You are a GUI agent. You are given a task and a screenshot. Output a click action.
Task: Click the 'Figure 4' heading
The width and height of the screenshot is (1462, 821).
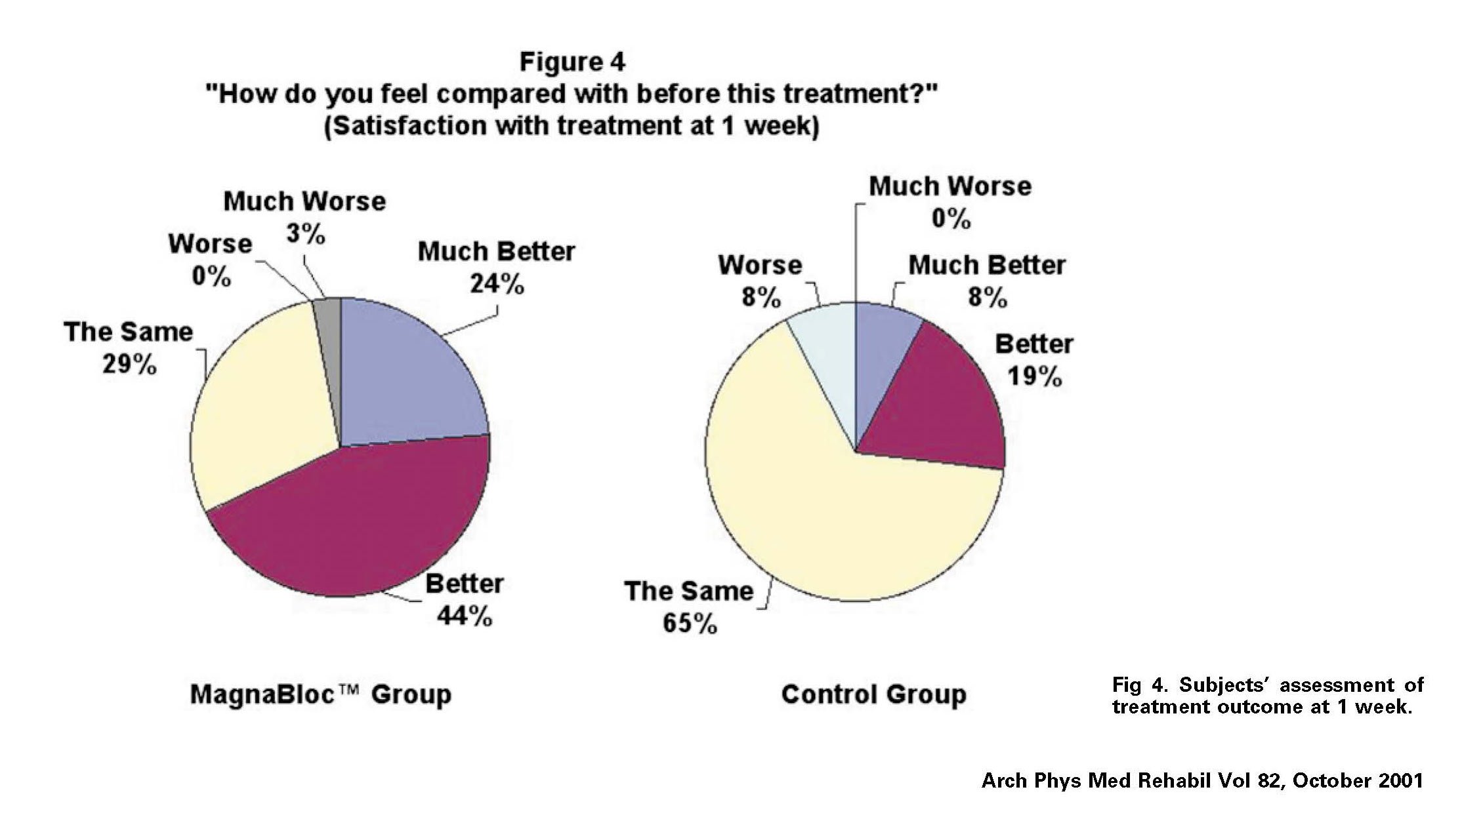pyautogui.click(x=572, y=62)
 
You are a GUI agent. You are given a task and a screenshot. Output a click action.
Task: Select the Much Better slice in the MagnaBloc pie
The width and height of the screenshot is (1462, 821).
pyautogui.click(x=407, y=374)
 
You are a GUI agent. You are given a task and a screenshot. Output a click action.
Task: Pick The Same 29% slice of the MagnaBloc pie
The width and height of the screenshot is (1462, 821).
pyautogui.click(x=262, y=407)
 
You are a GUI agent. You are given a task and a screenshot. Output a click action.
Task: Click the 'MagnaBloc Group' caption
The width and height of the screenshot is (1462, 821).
pyautogui.click(x=320, y=694)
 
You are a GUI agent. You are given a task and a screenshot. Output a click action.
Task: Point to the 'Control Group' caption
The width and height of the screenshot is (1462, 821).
pyautogui.click(x=873, y=694)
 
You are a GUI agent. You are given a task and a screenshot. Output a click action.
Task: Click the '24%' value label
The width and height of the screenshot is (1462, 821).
pyautogui.click(x=497, y=285)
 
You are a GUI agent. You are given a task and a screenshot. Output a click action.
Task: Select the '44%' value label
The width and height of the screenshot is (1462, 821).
pyautogui.click(x=465, y=616)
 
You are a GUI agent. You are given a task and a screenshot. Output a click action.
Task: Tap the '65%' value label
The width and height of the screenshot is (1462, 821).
pyautogui.click(x=690, y=623)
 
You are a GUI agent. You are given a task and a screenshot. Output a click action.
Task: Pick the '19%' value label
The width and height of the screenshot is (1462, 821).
pyautogui.click(x=1035, y=376)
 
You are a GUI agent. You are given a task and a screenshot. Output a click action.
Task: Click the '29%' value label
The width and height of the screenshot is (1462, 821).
pyautogui.click(x=129, y=365)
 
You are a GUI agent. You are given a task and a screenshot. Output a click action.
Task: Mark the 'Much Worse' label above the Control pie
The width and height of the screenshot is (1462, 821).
pyautogui.click(x=950, y=186)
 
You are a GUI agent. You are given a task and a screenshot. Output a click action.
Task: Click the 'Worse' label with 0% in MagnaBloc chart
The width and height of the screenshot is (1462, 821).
pyautogui.click(x=210, y=244)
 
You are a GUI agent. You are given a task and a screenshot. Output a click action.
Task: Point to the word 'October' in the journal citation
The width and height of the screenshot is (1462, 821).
pyautogui.click(x=1332, y=780)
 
